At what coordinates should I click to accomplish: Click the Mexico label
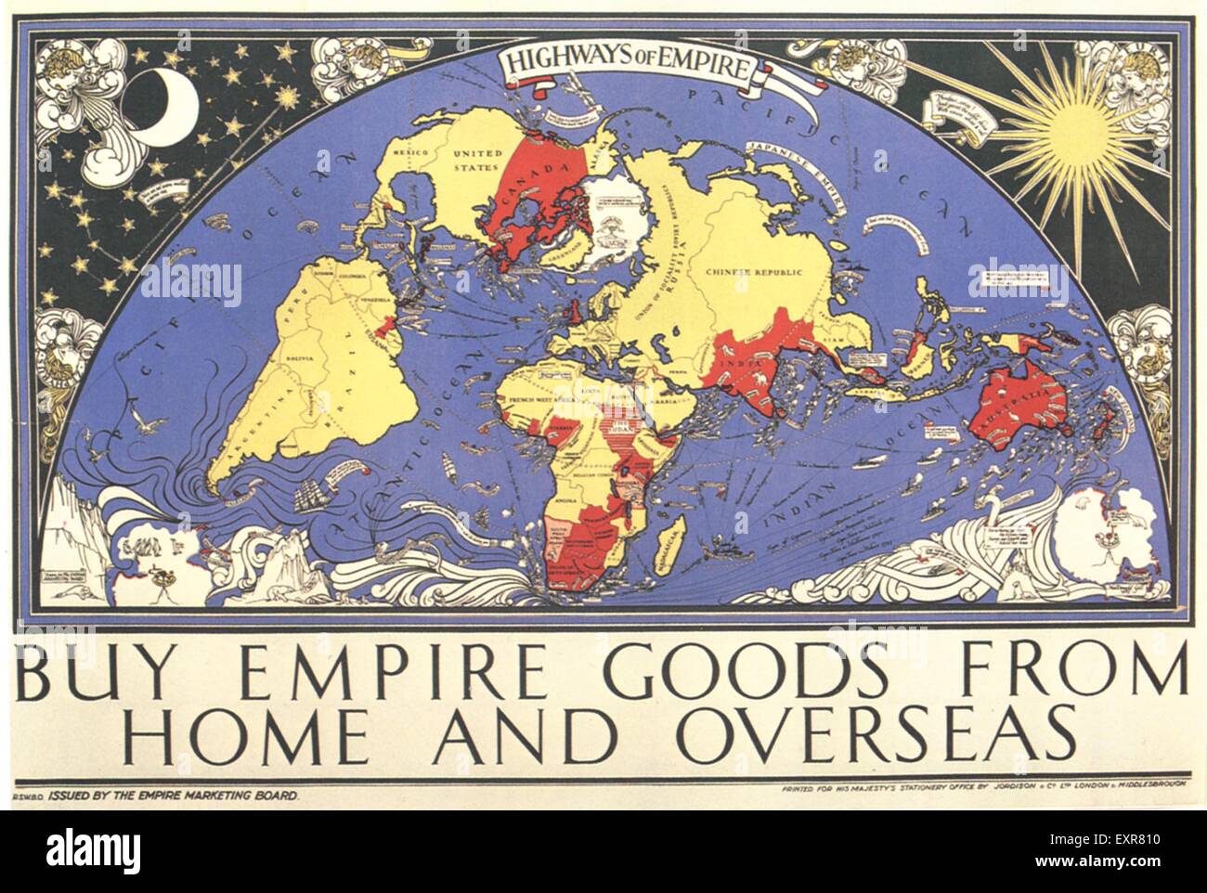[409, 151]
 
